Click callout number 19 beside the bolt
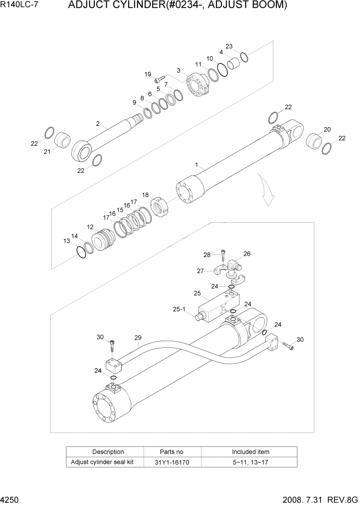tap(148, 74)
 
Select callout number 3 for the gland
tap(178, 70)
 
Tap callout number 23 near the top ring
tap(229, 47)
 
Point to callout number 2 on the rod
tap(97, 124)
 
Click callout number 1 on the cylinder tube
tap(197, 165)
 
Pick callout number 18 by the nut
tap(146, 195)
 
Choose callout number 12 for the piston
tap(90, 226)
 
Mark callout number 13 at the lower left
tap(66, 241)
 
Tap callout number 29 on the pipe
tap(137, 337)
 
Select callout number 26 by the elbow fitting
tap(247, 253)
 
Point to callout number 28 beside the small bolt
tap(207, 254)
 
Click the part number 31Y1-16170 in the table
tap(172, 462)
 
